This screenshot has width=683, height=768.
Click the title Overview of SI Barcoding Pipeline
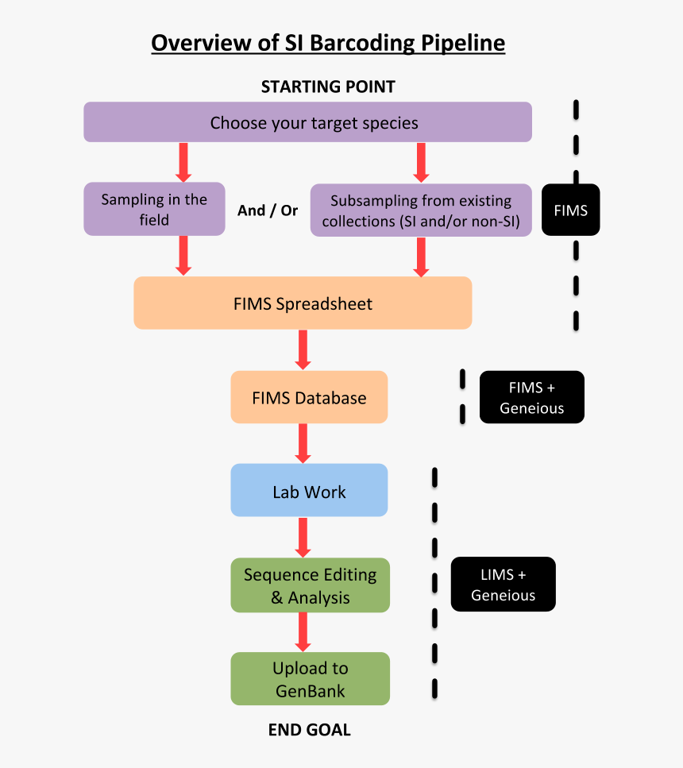328,42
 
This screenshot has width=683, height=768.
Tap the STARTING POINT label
328,87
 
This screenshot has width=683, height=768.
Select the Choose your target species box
307,122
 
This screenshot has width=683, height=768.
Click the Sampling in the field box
154,210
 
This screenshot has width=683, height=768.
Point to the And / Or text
268,210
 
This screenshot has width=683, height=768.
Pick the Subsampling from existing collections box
421,210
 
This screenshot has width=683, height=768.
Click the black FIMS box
570,210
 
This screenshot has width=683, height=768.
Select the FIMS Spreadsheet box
303,303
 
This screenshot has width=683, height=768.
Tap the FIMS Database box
309,397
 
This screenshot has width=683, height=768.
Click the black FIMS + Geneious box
532,397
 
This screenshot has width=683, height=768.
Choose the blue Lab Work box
309,491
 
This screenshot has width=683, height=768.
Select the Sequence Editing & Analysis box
310,585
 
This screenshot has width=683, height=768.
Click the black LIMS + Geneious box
503,585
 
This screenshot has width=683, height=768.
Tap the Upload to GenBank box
310,679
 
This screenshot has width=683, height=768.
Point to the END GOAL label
309,730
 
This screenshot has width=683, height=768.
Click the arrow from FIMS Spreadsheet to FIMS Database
303,349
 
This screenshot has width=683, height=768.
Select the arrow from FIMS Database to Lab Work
303,443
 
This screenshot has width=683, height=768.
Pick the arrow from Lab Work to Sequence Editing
303,538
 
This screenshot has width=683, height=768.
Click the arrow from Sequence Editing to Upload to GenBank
303,632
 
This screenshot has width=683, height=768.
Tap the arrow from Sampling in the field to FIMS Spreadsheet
183,256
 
